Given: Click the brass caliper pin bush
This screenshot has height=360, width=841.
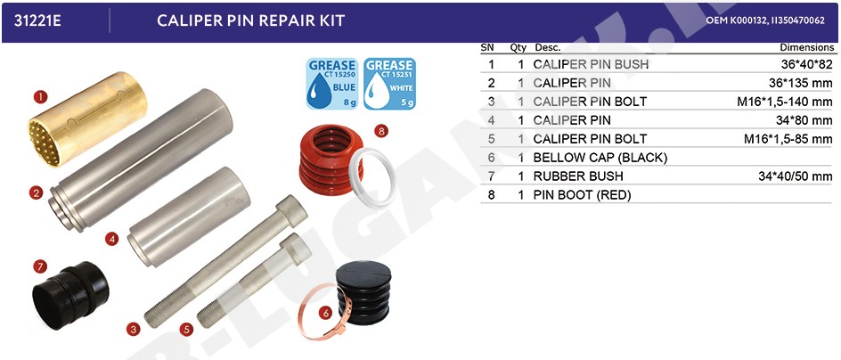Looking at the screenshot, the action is tap(87, 119).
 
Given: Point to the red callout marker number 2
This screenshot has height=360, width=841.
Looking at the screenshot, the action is tap(36, 192).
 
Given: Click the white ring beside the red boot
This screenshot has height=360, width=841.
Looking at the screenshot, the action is tap(372, 177).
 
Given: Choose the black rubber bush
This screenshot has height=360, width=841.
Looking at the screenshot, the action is tap(70, 295).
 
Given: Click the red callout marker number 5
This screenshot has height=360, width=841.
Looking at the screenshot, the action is tap(185, 329).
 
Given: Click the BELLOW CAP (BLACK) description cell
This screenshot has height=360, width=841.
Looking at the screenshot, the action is tap(600, 158).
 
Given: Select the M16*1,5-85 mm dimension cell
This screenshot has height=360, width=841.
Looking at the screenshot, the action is tap(788, 139).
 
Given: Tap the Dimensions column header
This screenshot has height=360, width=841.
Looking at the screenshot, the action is tap(806, 47).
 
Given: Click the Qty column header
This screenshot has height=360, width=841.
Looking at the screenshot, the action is tap(518, 47).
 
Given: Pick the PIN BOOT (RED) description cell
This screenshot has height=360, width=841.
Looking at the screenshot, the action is tap(582, 195).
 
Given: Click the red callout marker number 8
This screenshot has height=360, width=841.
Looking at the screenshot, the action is tap(380, 130).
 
